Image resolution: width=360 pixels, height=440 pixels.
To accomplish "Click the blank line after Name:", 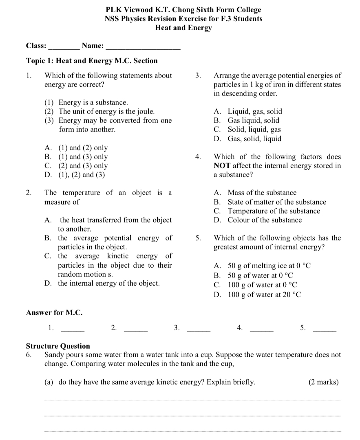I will pos(143,48).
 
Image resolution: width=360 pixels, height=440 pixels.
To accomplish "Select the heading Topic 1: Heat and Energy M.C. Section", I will pos(92,61).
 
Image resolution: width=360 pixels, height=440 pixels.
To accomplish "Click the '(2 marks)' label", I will pos(323,382).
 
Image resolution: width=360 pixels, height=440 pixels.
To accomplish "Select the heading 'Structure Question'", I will pos(58,346).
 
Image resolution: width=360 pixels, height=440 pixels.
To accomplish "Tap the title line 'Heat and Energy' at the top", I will pos(183,28).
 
